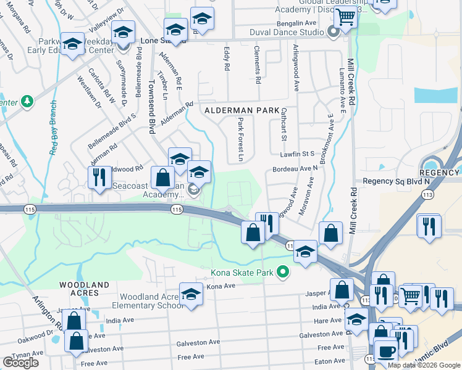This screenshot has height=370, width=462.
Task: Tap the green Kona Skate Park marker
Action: pyautogui.click(x=283, y=271)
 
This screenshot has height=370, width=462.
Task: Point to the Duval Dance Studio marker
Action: pyautogui.click(x=334, y=32)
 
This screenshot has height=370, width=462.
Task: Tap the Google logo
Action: pyautogui.click(x=20, y=362)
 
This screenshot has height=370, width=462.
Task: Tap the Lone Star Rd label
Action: pyautogui.click(x=154, y=40)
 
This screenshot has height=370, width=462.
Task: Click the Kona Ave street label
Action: pyautogui.click(x=221, y=286)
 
